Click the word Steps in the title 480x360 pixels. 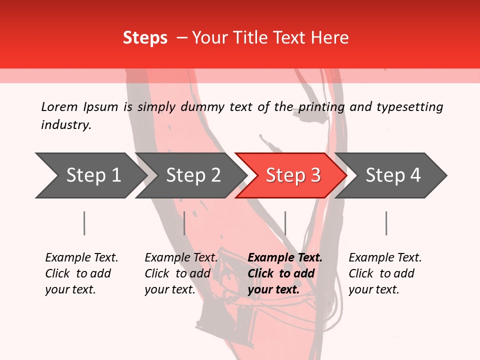pos(145,38)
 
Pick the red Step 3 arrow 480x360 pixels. pos(292,175)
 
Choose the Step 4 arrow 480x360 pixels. pos(392,175)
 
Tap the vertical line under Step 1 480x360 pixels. pos(84,223)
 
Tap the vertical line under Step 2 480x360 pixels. pos(184,223)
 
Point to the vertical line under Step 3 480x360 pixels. pos(285,223)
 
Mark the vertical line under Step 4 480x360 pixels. pos(386,223)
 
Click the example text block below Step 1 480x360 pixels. pos(81,273)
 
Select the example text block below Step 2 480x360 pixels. pos(181,273)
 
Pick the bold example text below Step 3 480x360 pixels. pos(285,273)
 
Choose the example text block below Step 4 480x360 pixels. pos(385,273)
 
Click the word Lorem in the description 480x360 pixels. pos(59,107)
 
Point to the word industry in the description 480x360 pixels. pos(65,125)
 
